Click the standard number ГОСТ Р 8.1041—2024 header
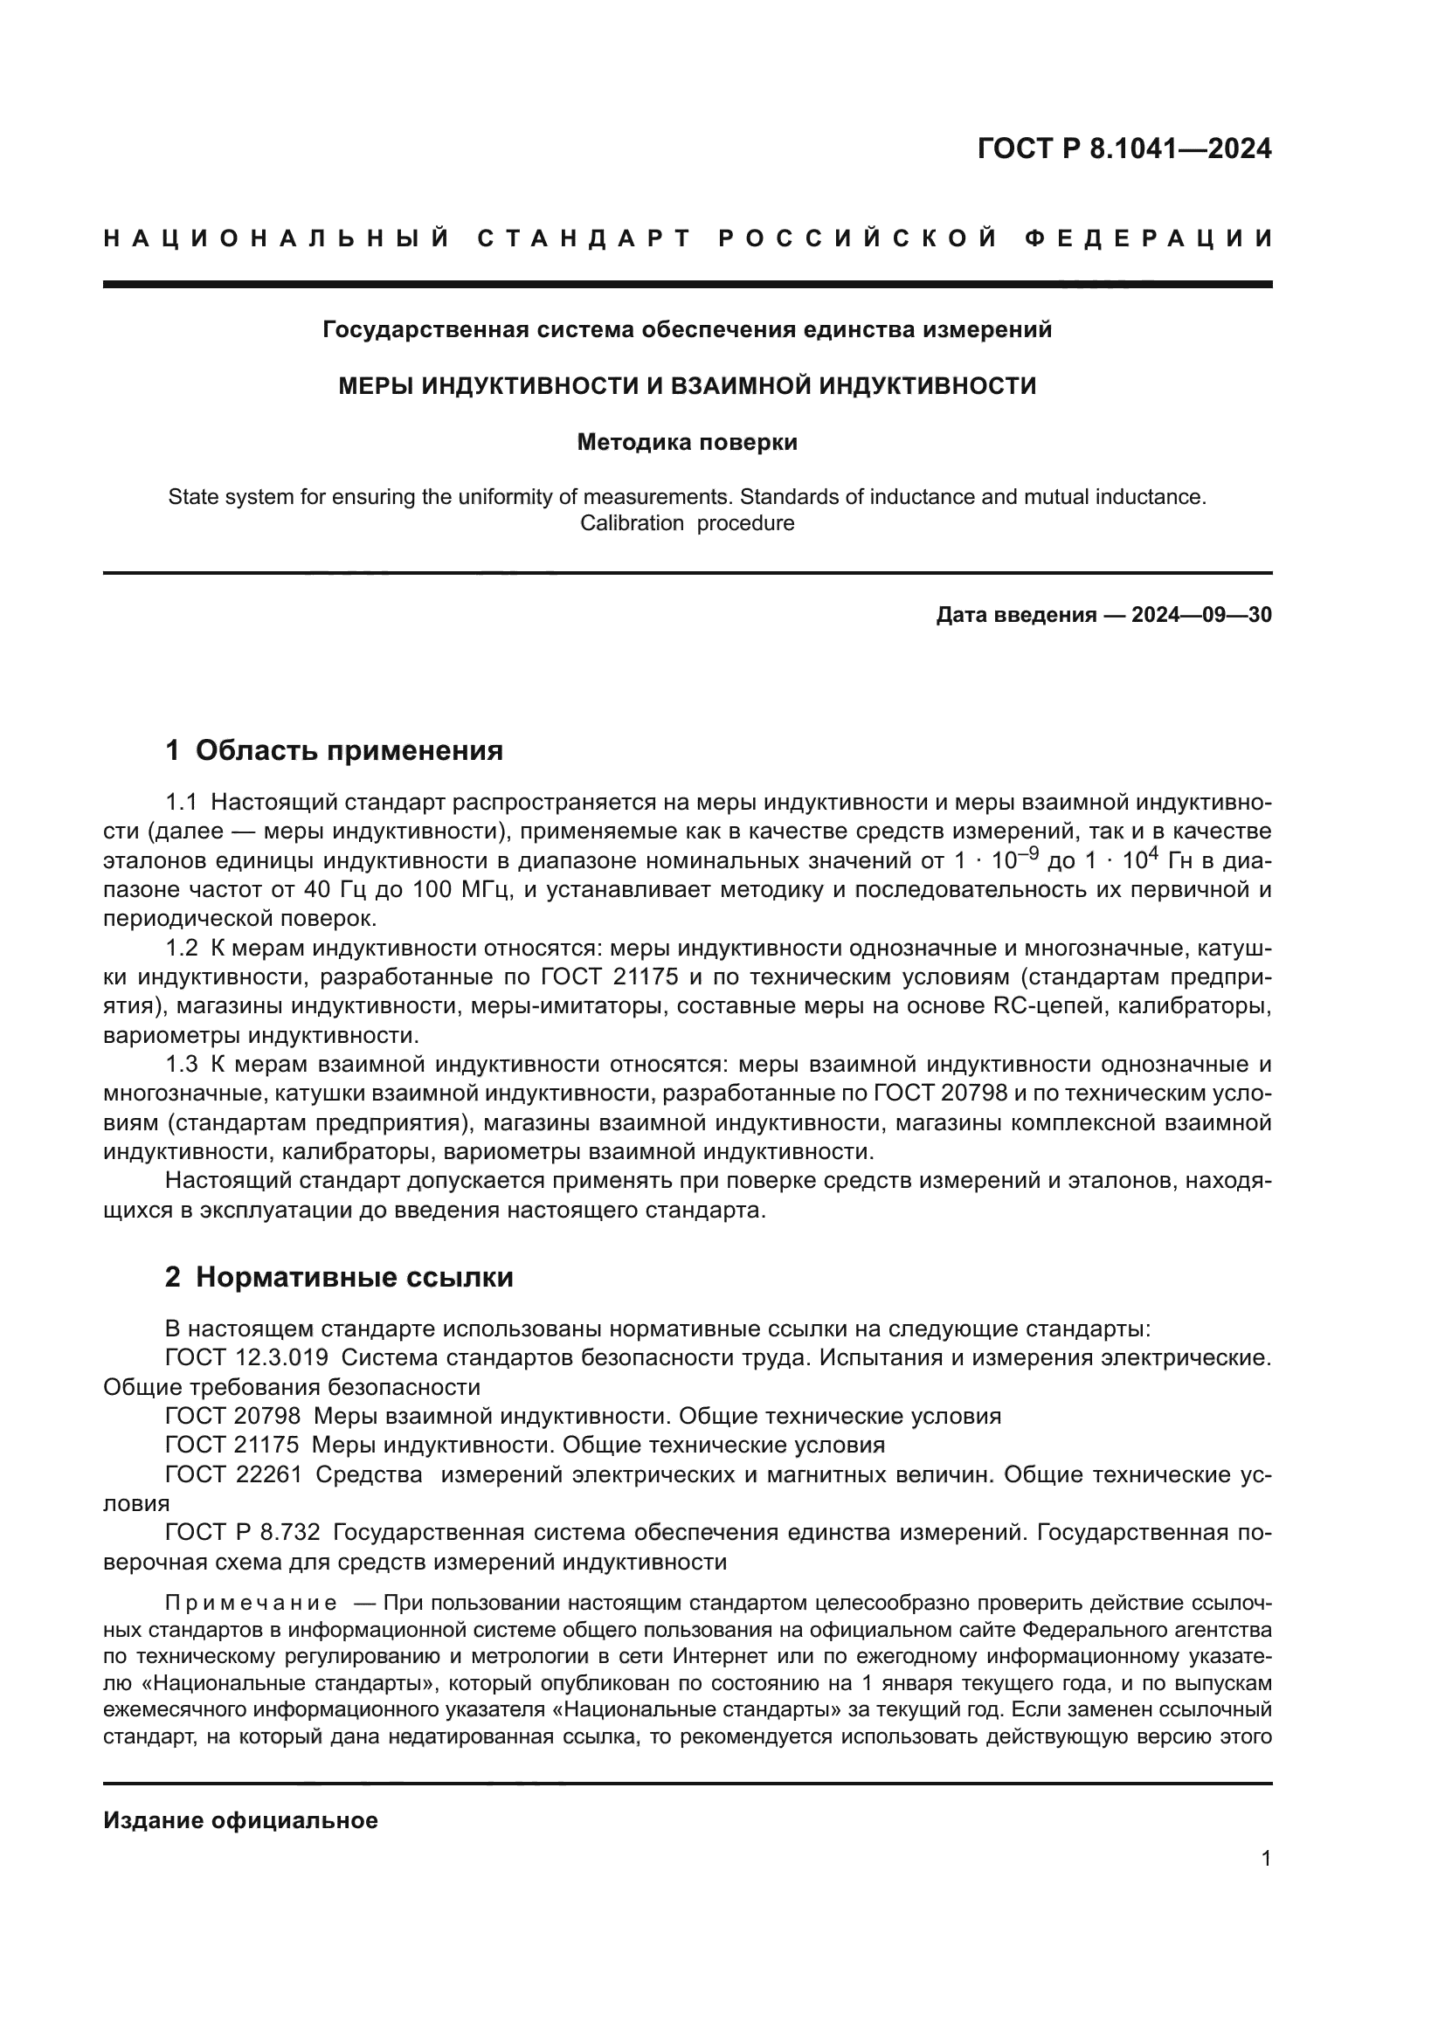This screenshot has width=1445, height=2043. coord(1124,148)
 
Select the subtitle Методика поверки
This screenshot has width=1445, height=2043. coord(687,442)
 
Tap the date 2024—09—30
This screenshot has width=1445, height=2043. coord(1201,615)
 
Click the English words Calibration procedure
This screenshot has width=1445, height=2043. coord(687,523)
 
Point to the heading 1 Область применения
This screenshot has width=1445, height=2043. coord(335,750)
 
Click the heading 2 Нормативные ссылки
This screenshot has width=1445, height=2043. coord(339,1277)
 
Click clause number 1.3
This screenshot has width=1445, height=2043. coord(182,1064)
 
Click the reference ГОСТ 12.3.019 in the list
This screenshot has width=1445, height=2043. coord(246,1358)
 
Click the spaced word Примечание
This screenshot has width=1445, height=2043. coord(251,1604)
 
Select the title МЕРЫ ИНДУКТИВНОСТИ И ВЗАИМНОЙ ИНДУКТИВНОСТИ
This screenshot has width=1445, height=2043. coord(687,386)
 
